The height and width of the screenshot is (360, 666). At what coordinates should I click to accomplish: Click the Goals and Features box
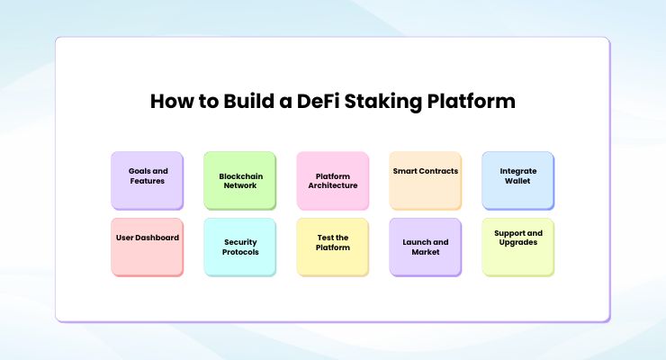pos(147,180)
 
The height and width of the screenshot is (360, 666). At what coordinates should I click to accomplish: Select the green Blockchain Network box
pos(239,180)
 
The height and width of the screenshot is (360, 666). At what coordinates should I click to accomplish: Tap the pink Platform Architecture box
pos(332,180)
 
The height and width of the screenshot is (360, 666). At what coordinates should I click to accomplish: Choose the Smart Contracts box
pos(425,180)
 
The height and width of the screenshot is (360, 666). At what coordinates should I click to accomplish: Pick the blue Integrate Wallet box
pos(517,180)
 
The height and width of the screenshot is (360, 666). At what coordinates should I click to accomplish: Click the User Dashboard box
pos(147,247)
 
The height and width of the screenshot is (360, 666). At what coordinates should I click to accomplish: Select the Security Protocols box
pos(239,247)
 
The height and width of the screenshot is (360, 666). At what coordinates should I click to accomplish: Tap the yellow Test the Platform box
pos(332,247)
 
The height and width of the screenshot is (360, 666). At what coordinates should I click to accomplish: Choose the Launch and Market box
pos(425,247)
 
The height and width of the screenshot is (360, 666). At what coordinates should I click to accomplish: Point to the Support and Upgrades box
pos(517,247)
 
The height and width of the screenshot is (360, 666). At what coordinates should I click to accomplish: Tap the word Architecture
pos(333,185)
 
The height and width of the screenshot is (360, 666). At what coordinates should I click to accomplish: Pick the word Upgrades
pos(517,242)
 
